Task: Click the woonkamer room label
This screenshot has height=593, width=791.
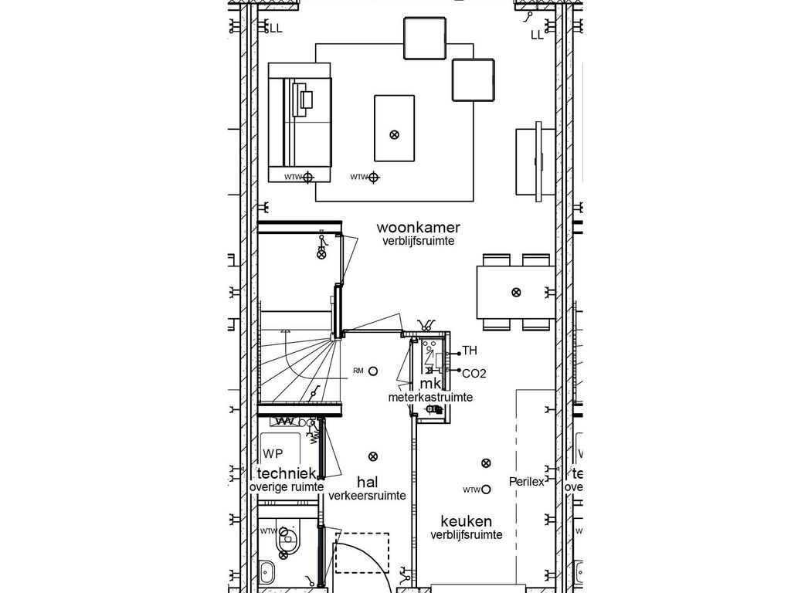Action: tap(419, 228)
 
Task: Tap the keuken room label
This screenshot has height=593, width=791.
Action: tap(467, 521)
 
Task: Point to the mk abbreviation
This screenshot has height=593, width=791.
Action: tap(430, 384)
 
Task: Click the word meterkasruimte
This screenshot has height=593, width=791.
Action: tap(430, 397)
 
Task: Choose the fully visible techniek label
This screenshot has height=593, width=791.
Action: tap(286, 474)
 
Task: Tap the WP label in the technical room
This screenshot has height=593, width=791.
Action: tap(273, 453)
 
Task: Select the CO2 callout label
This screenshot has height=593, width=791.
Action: tap(474, 374)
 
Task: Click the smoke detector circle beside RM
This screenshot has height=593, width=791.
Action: tap(373, 371)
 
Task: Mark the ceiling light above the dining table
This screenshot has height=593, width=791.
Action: tap(516, 292)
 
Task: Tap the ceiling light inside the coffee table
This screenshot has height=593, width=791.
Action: tap(394, 134)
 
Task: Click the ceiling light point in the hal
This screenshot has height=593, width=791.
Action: tap(374, 456)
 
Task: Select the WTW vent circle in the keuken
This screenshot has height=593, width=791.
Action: tap(487, 490)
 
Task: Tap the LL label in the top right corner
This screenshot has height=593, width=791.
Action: tap(537, 35)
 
